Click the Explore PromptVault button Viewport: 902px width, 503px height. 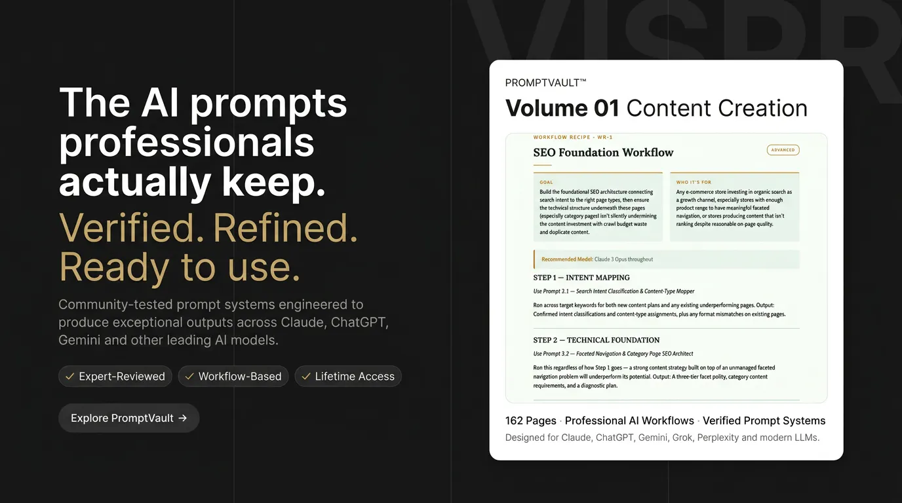tap(129, 418)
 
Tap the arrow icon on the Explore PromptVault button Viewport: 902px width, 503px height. tap(183, 418)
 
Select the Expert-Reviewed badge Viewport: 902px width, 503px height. tap(115, 376)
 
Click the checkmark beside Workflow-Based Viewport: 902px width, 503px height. tap(189, 376)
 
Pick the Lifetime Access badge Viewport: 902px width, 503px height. tap(348, 376)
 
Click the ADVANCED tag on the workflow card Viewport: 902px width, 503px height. tap(783, 150)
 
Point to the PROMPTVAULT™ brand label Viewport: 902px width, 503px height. tap(545, 83)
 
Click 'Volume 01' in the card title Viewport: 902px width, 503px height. tap(562, 108)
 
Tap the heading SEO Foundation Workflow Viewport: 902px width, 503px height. tap(603, 153)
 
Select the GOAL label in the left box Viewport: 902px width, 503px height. tap(547, 182)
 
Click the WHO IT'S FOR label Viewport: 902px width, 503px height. tap(694, 182)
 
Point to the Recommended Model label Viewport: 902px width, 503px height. tap(567, 259)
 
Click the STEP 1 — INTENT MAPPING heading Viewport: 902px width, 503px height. tap(581, 278)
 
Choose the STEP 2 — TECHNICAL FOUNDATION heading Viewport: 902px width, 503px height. tap(597, 340)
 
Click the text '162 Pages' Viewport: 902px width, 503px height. tap(531, 420)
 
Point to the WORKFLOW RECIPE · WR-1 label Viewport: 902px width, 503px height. tap(573, 138)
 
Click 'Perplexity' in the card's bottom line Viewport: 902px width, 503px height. tap(718, 438)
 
